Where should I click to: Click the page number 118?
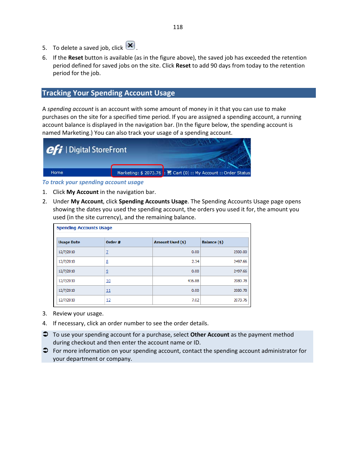pos(178,27)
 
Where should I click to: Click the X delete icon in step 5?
pos(130,46)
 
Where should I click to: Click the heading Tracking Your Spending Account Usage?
pos(109,93)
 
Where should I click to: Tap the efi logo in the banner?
pos(54,150)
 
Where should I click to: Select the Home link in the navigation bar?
pos(57,172)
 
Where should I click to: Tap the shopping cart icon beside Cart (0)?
pos(169,172)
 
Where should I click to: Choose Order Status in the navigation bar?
pos(237,173)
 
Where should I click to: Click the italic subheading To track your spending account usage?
pos(93,182)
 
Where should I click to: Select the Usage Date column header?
pos(69,242)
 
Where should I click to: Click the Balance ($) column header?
pos(212,242)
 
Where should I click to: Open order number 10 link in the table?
pos(108,281)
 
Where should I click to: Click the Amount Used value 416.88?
pos(193,281)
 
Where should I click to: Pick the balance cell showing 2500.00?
pos(240,252)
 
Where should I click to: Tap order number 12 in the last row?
pos(108,300)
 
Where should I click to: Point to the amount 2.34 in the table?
pos(195,261)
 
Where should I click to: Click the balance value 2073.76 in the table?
pos(240,300)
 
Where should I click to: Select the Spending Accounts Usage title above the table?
pos(84,228)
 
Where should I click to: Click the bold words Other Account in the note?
pos(210,335)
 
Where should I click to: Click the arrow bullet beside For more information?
pos(45,351)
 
